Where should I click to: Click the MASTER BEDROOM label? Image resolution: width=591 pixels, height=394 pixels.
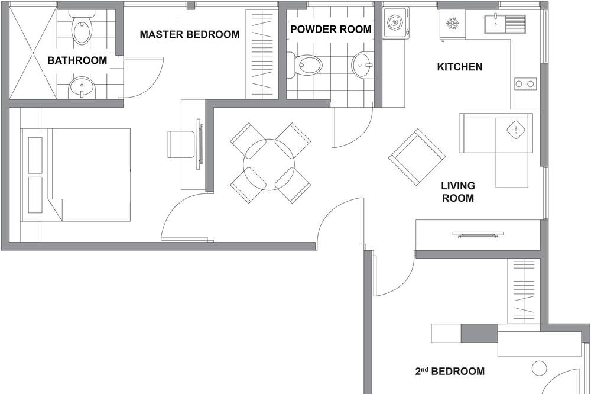coord(190,34)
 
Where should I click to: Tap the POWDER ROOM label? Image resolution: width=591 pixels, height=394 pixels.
coord(331,29)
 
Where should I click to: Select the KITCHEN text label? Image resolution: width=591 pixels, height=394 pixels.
coord(459,67)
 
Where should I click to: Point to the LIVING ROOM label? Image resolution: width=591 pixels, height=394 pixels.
coord(458,192)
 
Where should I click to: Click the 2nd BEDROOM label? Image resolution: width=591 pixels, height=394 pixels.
coord(450,371)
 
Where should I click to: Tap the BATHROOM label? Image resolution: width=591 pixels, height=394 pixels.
coord(77,60)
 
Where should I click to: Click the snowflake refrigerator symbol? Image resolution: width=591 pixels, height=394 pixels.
coord(452,24)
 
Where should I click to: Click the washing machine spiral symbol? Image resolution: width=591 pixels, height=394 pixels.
coord(396,23)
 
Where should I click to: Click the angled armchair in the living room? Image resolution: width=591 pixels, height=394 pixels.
coord(417,157)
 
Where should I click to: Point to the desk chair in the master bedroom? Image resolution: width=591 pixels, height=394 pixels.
coord(181,144)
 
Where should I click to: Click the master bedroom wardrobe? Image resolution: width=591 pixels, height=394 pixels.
coord(262,54)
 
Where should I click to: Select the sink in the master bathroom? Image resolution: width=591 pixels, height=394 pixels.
coord(82,88)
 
